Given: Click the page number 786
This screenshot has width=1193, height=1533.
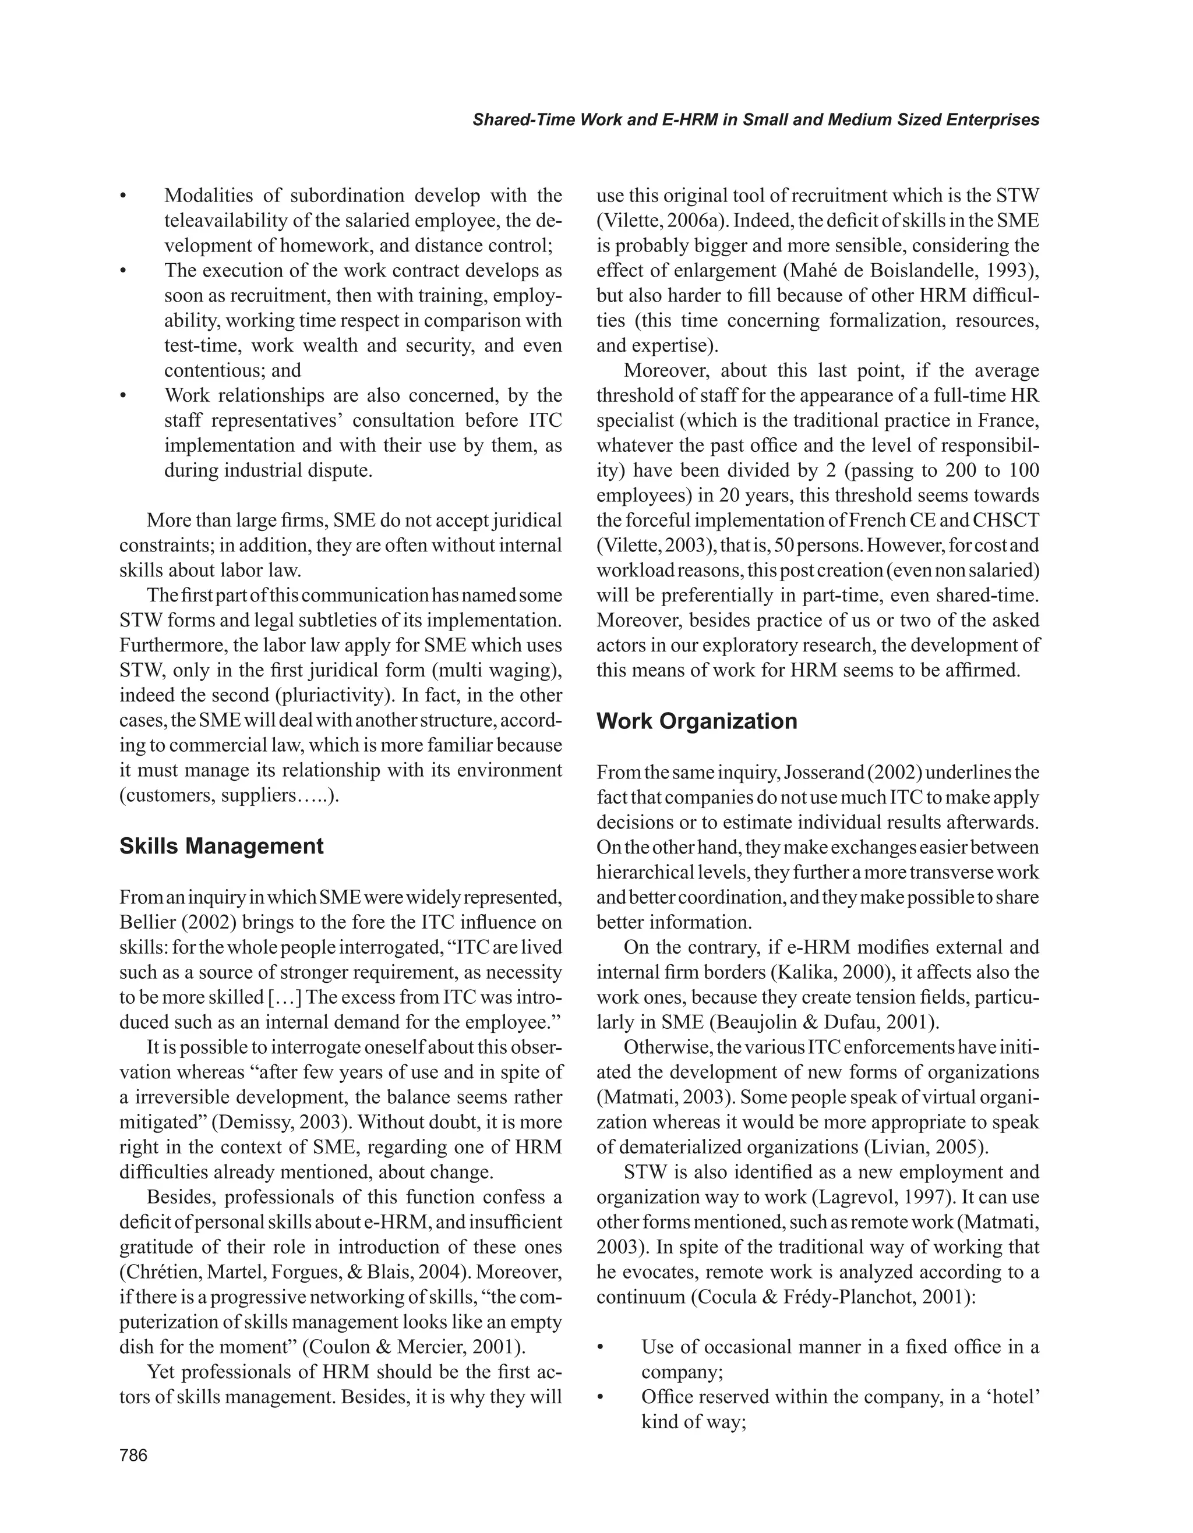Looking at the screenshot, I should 133,1455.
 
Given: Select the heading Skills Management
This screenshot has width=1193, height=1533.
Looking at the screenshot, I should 221,846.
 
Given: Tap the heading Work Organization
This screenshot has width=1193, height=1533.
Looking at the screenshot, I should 697,721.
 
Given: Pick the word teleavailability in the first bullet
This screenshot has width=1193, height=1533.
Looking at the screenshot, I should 227,221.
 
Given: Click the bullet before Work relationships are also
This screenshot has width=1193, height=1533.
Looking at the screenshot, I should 123,396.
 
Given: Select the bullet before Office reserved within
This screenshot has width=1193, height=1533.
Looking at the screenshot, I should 601,1397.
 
